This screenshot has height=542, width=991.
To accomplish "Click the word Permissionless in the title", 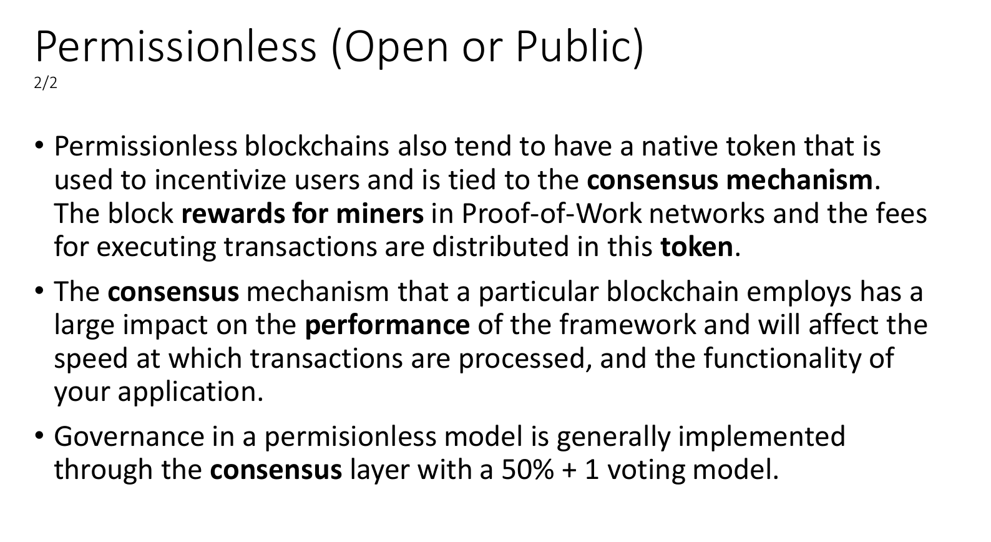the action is pyautogui.click(x=175, y=46).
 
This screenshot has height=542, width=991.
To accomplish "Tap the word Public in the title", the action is pyautogui.click(x=575, y=46).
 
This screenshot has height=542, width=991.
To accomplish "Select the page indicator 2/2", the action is pyautogui.click(x=46, y=83).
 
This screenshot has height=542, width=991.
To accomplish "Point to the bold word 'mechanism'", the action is pyautogui.click(x=799, y=180).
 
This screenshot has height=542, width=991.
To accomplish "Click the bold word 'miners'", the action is pyautogui.click(x=380, y=214).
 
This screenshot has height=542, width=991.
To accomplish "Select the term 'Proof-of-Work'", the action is pyautogui.click(x=551, y=214).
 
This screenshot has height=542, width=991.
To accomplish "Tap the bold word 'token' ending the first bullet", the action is pyautogui.click(x=697, y=247).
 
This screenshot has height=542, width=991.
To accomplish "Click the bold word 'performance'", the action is pyautogui.click(x=387, y=325).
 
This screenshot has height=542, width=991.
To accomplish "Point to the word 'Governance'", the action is pyautogui.click(x=129, y=436).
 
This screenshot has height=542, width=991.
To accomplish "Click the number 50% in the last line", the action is pyautogui.click(x=527, y=470).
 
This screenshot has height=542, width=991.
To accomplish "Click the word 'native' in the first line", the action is pyautogui.click(x=680, y=147).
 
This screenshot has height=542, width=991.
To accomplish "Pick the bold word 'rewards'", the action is pyautogui.click(x=233, y=214).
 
